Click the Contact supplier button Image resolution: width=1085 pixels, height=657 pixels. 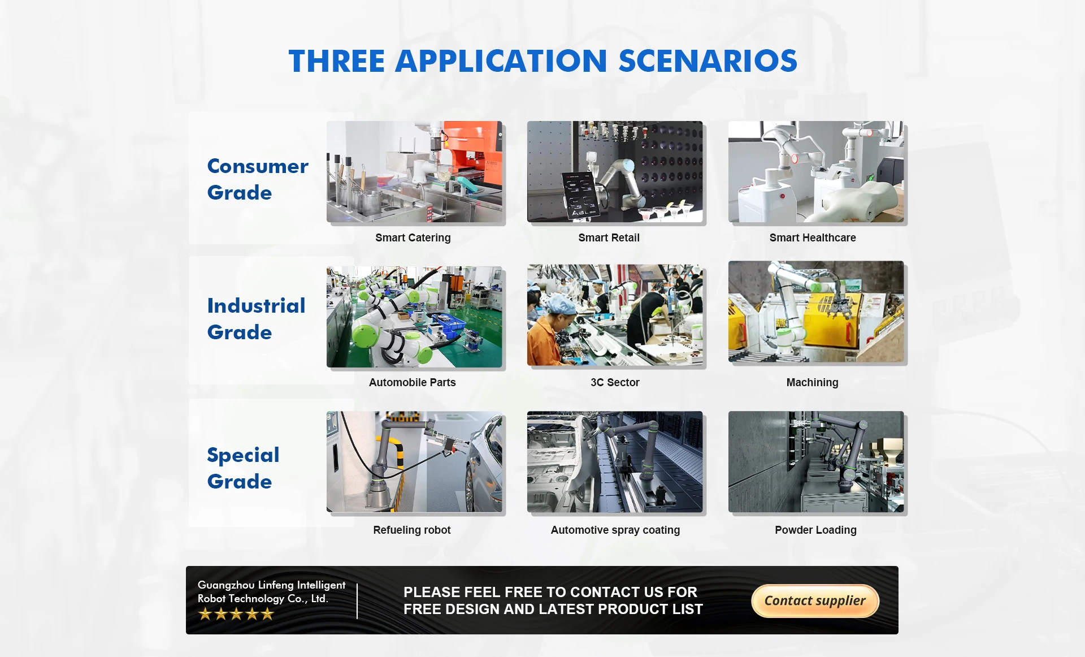point(815,600)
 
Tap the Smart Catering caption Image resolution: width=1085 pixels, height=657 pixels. point(413,238)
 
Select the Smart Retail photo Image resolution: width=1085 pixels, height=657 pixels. point(615,171)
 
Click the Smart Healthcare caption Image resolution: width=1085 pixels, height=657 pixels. point(813,238)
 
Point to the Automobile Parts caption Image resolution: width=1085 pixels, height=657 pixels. point(413,382)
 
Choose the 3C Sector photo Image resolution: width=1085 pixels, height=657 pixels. point(615,315)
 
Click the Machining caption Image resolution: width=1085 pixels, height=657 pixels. point(813,382)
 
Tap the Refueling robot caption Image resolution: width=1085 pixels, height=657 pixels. point(412,530)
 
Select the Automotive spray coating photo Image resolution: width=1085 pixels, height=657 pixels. point(615,462)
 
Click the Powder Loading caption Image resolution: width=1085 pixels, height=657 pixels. point(815,530)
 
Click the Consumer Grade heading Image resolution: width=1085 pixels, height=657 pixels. point(258,179)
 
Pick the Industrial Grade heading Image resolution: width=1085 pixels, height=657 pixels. point(256,319)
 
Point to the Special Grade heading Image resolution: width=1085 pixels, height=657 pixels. point(243,468)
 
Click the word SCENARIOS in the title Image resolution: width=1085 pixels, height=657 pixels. point(708,61)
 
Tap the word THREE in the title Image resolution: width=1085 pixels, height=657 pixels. point(337,61)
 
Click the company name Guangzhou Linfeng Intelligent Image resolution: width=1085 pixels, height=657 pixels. point(271,585)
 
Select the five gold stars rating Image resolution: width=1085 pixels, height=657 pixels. point(236,614)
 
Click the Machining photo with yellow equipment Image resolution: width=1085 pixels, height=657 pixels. point(816,312)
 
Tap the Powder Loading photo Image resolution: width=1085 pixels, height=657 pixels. point(816,462)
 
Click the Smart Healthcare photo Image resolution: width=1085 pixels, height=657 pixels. point(816,171)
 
